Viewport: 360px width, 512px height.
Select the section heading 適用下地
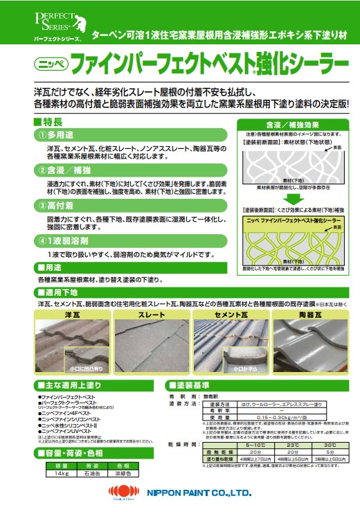pos(58,292)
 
